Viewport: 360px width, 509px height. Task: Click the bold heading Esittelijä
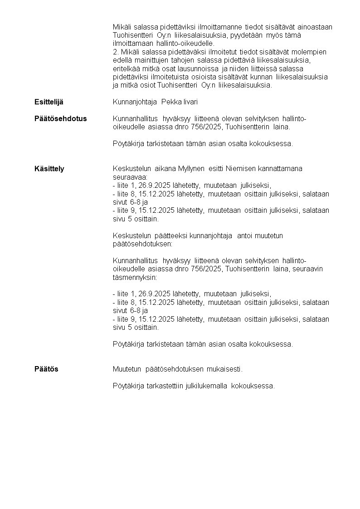49,102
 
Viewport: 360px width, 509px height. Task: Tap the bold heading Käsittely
49,169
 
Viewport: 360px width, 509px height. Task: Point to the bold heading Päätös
46,369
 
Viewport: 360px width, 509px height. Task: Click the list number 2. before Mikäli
115,52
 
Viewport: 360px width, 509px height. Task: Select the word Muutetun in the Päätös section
127,369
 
